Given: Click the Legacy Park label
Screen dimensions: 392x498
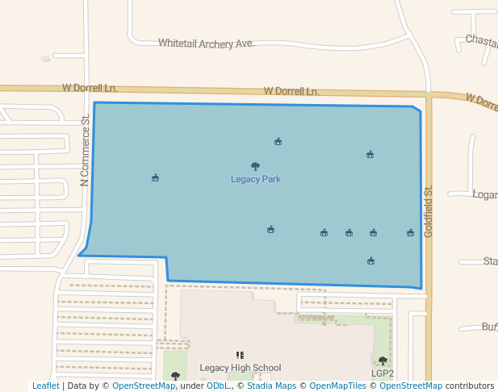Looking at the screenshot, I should click(256, 179).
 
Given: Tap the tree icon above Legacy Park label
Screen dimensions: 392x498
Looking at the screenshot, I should click(256, 166).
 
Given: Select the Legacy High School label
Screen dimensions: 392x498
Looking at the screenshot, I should click(241, 368).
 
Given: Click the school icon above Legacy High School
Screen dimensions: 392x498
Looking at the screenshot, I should click(240, 355).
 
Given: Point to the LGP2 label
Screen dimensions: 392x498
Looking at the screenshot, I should click(383, 373).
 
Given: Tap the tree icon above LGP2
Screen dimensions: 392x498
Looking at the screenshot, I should click(383, 361).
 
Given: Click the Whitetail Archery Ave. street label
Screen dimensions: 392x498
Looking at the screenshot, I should click(207, 43).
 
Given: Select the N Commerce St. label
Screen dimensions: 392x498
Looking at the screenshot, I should click(85, 152).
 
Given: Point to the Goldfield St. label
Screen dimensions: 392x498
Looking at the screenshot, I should click(429, 211).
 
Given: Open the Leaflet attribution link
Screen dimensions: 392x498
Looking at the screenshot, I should click(45, 386).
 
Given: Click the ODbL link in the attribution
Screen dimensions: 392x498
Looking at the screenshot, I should click(217, 386).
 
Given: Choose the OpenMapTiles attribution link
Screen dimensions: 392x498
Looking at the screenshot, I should click(338, 386).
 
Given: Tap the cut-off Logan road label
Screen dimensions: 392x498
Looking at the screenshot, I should click(484, 194).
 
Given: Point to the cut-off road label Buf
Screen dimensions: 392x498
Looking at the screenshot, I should click(489, 327).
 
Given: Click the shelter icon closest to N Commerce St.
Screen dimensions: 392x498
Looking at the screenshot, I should click(155, 177).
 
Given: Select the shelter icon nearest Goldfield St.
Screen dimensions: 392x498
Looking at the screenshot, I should click(410, 233).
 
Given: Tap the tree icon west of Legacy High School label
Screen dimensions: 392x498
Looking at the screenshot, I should click(175, 376).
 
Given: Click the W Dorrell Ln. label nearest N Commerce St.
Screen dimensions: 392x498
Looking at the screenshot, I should click(90, 87).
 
